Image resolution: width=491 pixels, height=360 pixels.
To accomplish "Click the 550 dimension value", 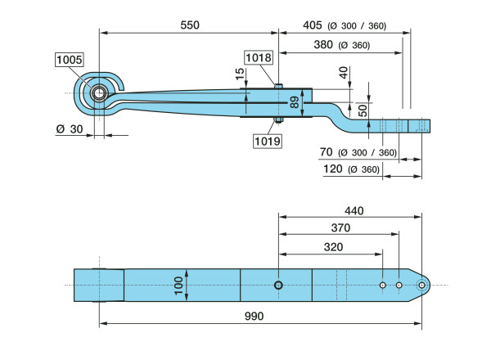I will (189, 25).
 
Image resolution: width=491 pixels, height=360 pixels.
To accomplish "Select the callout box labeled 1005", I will (70, 59).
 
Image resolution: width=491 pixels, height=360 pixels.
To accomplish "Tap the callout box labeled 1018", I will (258, 57).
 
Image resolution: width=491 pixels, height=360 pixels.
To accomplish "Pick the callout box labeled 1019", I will (267, 141).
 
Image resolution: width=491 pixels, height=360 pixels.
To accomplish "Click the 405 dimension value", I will (312, 25).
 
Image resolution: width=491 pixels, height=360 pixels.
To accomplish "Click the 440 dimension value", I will (354, 210).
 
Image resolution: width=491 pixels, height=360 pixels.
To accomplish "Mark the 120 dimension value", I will (332, 169).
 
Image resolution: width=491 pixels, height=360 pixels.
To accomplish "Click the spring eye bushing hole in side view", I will (99, 92).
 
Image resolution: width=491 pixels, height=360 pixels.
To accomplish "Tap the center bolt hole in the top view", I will (279, 285).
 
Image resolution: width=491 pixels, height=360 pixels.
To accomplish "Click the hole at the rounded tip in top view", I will (422, 285).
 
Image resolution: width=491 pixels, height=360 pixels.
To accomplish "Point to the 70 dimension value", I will (327, 152).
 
